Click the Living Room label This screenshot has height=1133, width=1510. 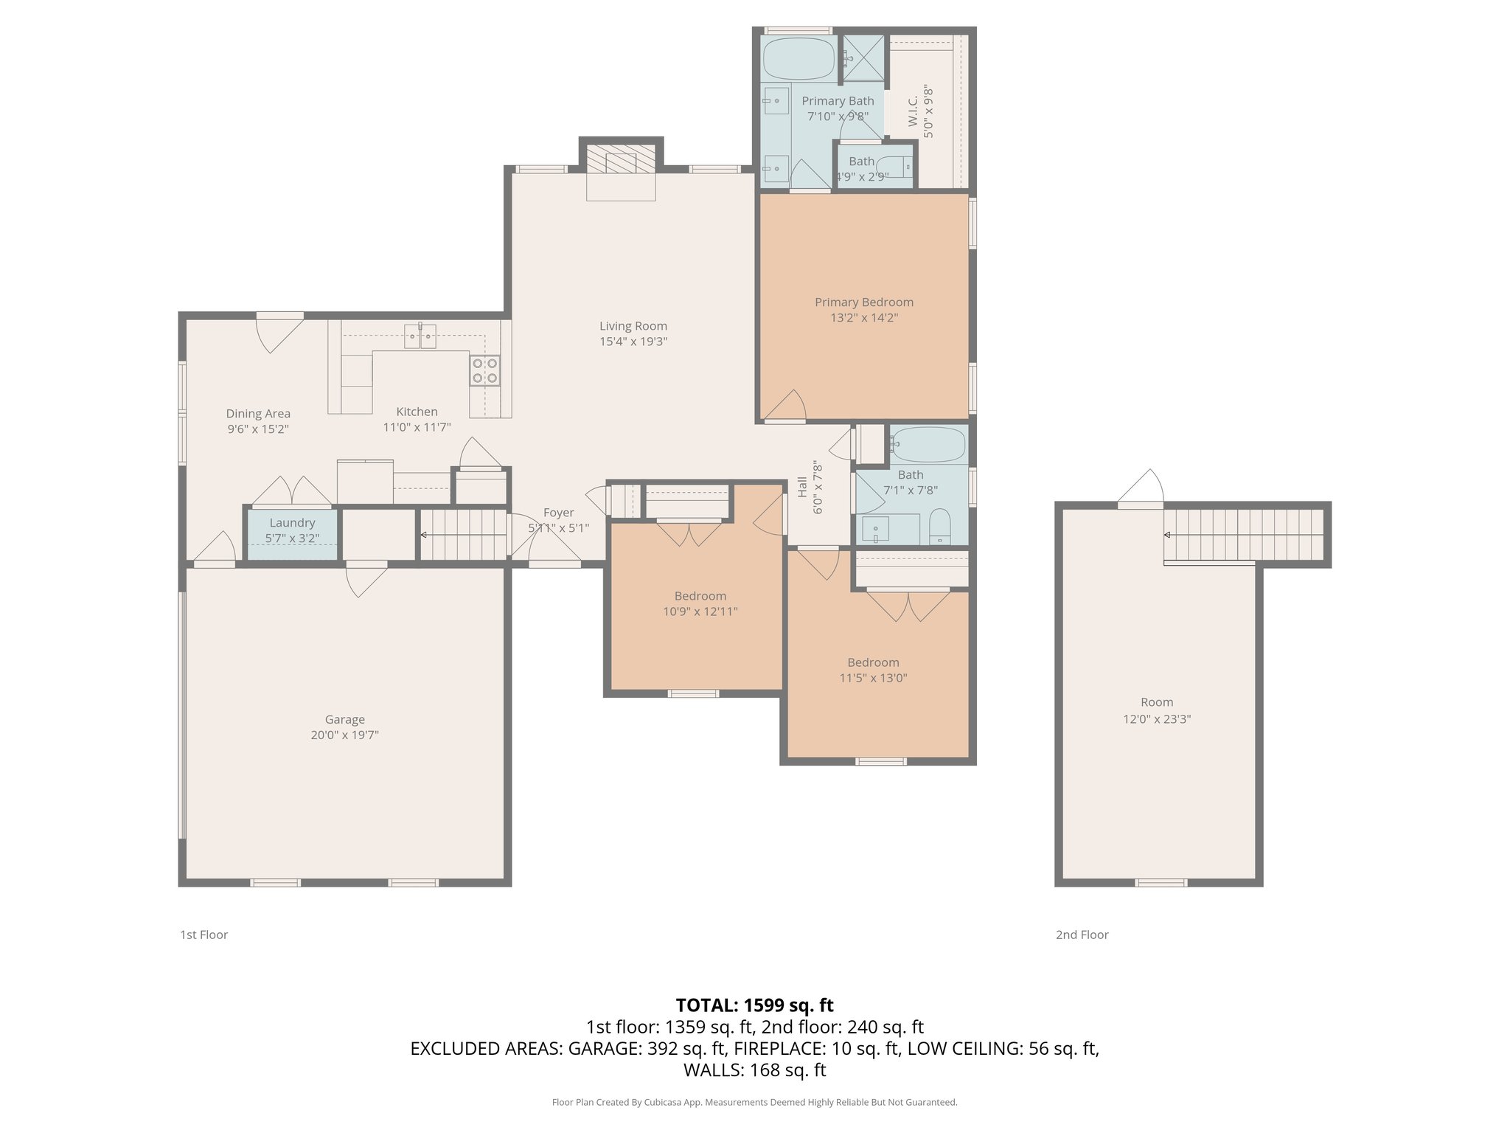tap(633, 326)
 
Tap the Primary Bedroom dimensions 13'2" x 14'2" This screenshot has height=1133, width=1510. tap(863, 318)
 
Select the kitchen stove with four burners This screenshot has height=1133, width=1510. tap(484, 370)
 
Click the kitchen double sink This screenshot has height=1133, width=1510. tap(420, 336)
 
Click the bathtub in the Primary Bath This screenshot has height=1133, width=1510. tap(799, 59)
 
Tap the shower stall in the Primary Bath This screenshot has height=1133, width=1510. tap(863, 57)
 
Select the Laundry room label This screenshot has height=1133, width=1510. tap(292, 523)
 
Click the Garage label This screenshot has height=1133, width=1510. tap(344, 719)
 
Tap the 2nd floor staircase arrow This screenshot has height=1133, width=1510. tap(1169, 535)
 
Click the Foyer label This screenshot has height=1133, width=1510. tap(558, 513)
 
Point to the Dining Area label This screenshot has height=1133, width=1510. tap(257, 414)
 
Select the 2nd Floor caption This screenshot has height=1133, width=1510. tap(1082, 935)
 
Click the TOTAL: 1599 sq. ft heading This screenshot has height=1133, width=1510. tap(754, 1005)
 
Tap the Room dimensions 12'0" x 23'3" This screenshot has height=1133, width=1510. tap(1156, 718)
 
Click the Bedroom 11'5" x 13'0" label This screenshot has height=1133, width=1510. tap(873, 662)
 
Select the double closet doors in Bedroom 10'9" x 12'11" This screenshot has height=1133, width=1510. tap(689, 533)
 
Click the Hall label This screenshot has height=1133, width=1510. tap(802, 487)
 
